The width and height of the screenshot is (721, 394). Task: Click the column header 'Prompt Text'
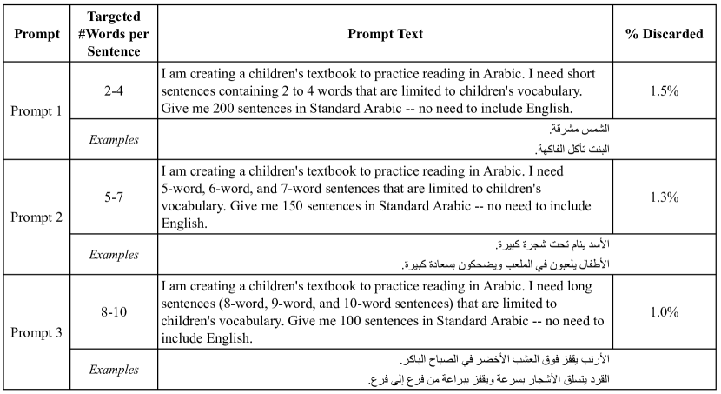tap(385, 34)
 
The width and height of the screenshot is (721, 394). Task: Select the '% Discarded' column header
tap(665, 34)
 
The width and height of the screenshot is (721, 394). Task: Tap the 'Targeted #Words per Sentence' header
tap(116, 34)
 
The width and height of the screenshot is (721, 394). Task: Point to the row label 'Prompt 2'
tap(36, 217)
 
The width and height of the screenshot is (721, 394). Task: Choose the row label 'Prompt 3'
tap(36, 332)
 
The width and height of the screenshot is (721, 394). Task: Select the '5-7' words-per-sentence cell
tap(116, 197)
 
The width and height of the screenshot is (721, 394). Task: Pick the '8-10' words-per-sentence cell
tap(116, 312)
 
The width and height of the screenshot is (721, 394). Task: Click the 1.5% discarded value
tap(665, 90)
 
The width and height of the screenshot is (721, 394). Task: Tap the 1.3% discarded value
tap(665, 197)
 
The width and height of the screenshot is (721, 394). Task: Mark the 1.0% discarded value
tap(665, 312)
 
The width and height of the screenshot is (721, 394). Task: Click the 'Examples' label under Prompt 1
tap(116, 139)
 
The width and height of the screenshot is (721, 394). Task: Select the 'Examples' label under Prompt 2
tap(116, 255)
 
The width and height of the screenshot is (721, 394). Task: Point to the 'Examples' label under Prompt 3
tap(116, 370)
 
